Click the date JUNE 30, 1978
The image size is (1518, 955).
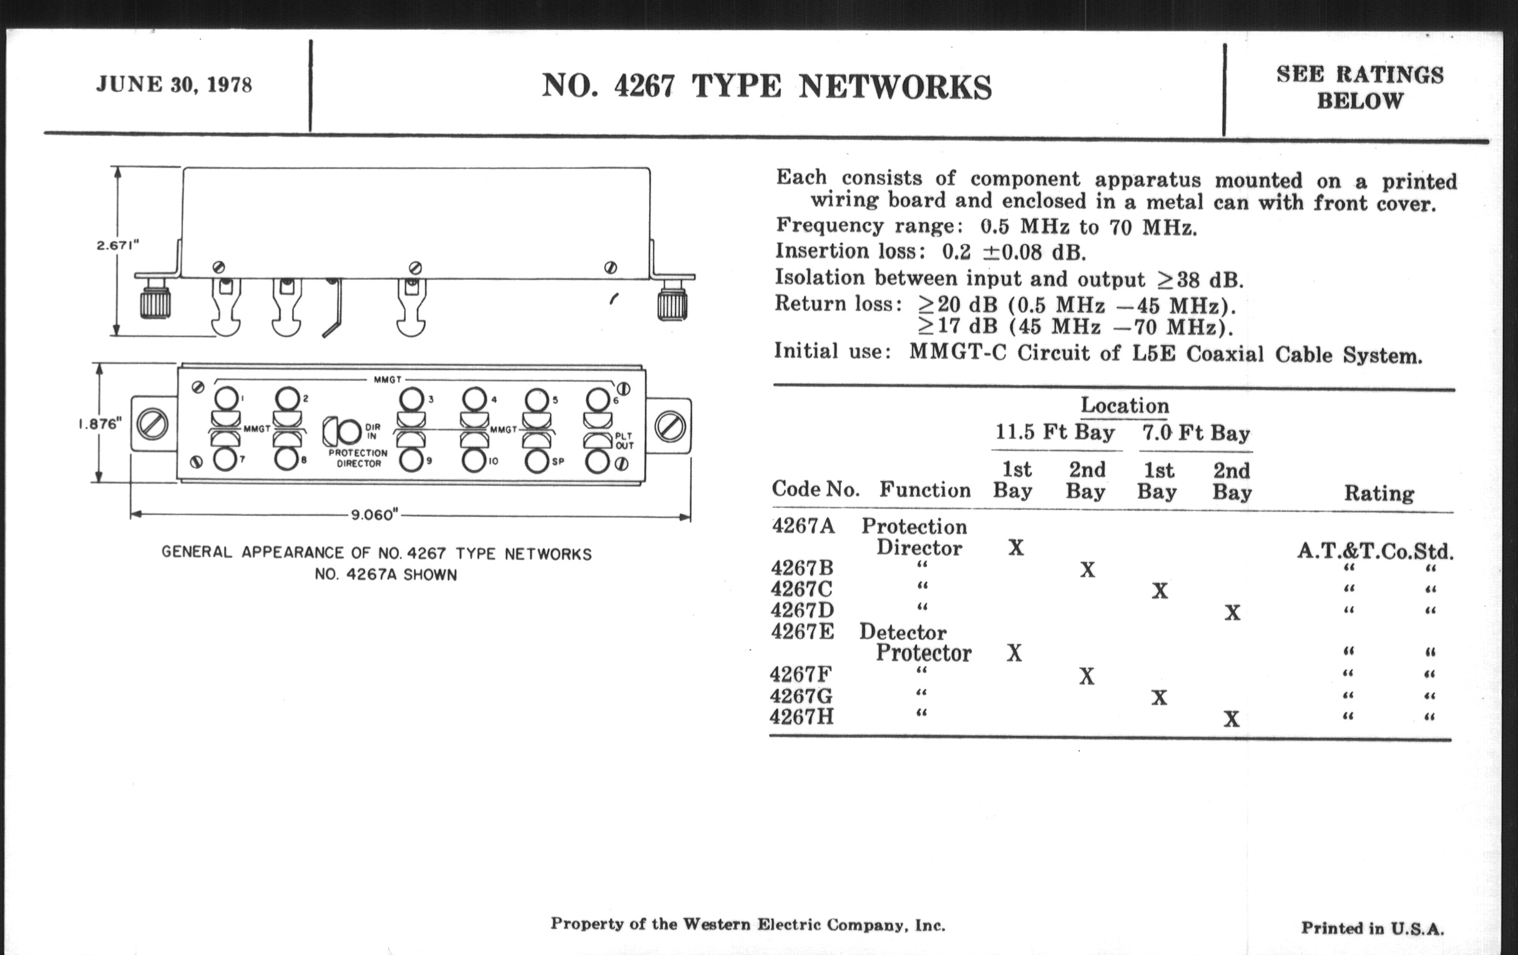[x=174, y=84]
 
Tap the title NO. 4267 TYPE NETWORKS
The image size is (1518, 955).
[x=766, y=87]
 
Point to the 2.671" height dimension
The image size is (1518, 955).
[x=118, y=245]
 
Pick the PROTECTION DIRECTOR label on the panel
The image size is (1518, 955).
[x=358, y=458]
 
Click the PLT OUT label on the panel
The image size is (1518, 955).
[x=624, y=441]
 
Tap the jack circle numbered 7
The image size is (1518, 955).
[x=225, y=459]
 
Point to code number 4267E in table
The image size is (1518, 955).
[x=802, y=632]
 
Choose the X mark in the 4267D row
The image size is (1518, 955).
[x=1232, y=613]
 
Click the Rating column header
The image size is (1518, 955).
[x=1379, y=493]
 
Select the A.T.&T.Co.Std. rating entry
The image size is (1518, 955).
[x=1375, y=552]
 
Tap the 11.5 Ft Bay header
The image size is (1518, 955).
[x=1055, y=433]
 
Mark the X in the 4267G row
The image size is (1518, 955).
[x=1159, y=698]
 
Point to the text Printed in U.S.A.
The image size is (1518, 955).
[x=1373, y=928]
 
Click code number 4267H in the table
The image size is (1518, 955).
[x=802, y=717]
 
